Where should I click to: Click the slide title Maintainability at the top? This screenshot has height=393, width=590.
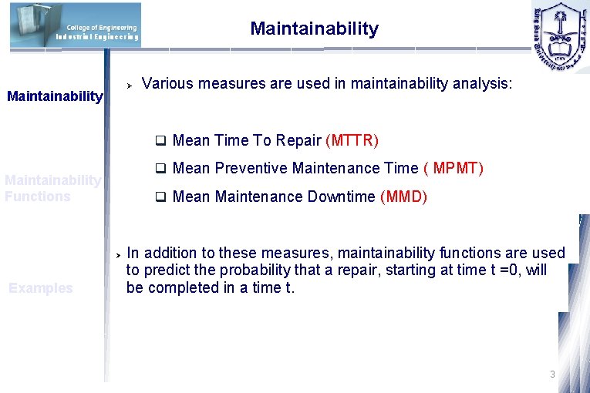point(314,29)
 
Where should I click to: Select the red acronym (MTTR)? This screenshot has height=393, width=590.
point(352,140)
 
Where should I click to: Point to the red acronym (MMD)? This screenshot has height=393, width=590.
point(403,196)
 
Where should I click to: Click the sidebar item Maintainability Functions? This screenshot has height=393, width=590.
point(52,188)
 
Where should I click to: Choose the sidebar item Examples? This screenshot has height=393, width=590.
point(40,288)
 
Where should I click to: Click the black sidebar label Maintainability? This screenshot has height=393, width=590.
point(54,96)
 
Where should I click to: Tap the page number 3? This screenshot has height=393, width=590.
point(552,374)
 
